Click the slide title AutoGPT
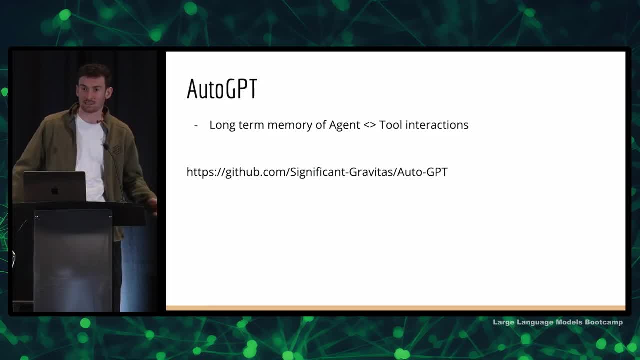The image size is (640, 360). click(x=222, y=89)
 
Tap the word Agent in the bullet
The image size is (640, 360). click(x=344, y=125)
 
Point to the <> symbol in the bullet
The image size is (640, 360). click(x=369, y=125)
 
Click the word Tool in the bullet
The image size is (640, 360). click(x=390, y=125)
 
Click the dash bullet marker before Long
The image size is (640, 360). click(x=196, y=125)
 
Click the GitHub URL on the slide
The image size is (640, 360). click(x=317, y=172)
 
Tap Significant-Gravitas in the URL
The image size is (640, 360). click(x=342, y=172)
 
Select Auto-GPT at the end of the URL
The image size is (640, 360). click(x=422, y=172)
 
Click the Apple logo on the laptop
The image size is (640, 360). click(x=55, y=190)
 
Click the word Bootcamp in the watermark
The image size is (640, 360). click(x=604, y=322)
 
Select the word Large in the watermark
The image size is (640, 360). click(x=503, y=322)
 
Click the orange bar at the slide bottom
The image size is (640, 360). click(x=396, y=308)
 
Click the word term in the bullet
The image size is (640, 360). click(x=251, y=125)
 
